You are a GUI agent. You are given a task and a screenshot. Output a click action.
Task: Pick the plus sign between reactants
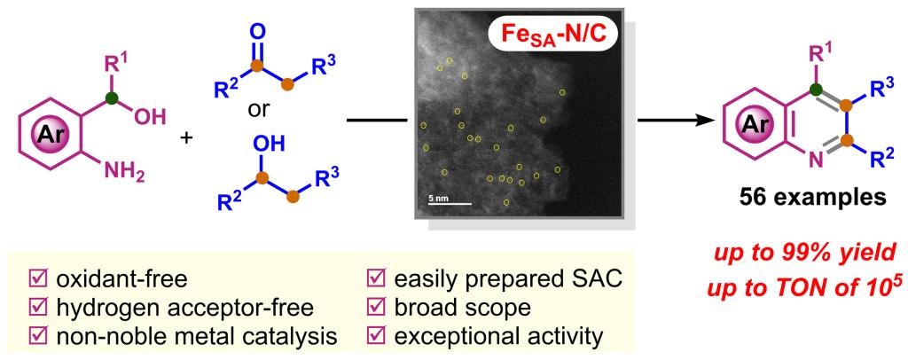(x=187, y=139)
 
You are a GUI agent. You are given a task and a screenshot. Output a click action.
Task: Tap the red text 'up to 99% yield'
(x=814, y=255)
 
